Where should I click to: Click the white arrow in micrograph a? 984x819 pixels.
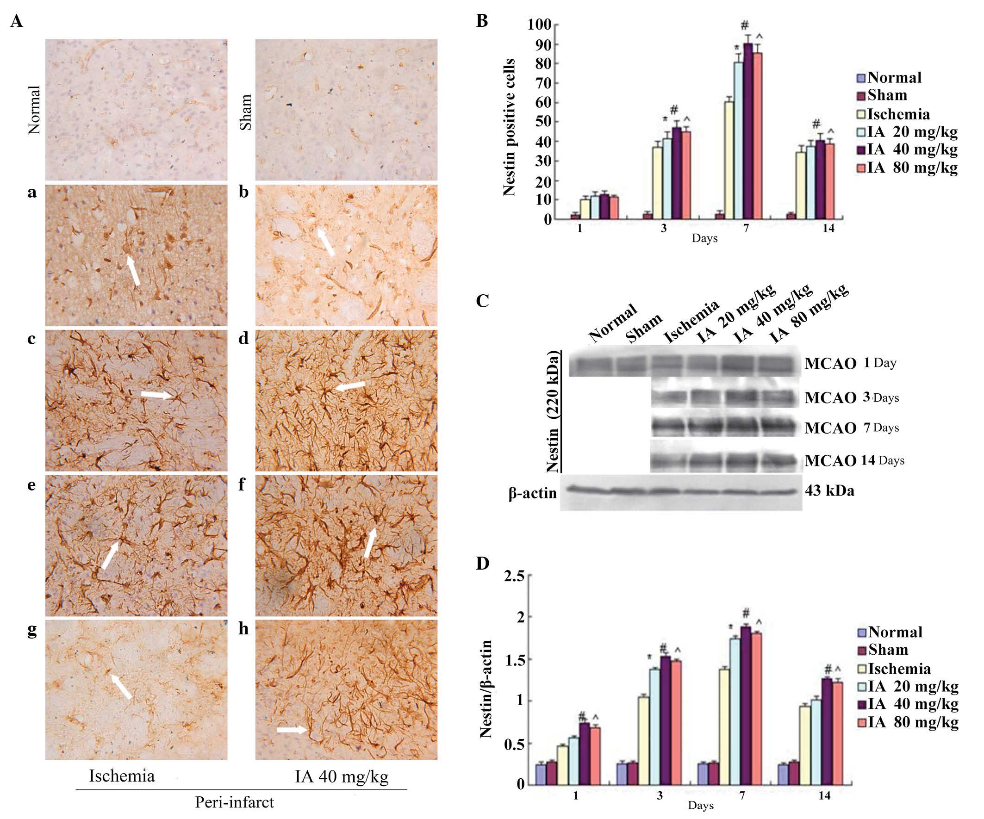[x=134, y=269]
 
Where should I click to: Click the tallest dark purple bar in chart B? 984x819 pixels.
[x=748, y=131]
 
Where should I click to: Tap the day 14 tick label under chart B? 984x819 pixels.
[x=828, y=230]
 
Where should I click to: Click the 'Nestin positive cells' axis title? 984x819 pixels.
[x=509, y=127]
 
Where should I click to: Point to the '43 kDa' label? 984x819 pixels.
[x=829, y=491]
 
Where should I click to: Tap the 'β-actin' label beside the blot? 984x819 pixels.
[x=533, y=493]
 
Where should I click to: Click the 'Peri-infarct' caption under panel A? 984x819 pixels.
[x=234, y=802]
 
